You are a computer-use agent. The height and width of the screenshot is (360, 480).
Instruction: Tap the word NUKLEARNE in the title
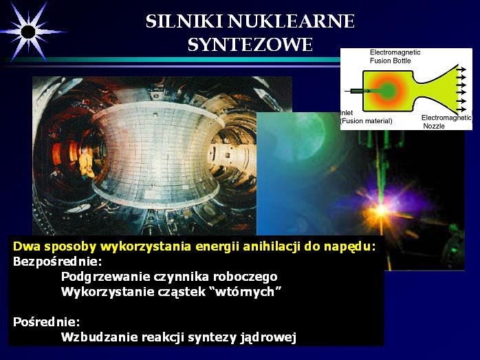click(x=291, y=21)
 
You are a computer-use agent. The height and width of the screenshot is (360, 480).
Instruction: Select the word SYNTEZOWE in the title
click(x=250, y=45)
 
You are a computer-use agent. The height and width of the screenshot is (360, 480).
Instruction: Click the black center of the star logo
click(x=28, y=32)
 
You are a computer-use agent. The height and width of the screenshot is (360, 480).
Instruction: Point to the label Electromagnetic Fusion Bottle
click(x=395, y=56)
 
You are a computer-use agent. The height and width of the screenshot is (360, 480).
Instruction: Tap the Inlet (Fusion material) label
click(x=367, y=117)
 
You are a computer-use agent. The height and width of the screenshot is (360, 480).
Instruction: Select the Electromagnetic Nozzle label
click(x=446, y=122)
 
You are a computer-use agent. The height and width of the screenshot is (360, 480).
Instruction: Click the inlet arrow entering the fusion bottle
click(x=357, y=91)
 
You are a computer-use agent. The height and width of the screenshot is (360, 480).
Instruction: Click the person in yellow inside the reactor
click(x=87, y=162)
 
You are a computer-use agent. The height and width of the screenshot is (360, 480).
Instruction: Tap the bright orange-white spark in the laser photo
click(x=381, y=211)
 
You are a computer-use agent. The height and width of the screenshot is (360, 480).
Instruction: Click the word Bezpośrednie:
click(x=57, y=262)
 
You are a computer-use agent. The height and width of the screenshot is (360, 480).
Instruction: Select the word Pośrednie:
click(x=47, y=322)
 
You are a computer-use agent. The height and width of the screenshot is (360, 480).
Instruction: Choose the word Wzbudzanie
click(x=100, y=337)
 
